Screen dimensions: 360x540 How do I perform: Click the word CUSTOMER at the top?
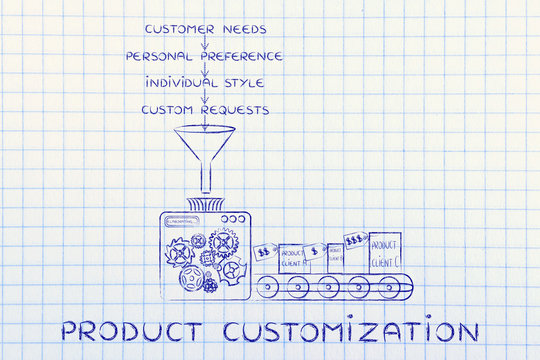pos(175,31)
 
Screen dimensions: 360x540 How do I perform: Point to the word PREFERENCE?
pos(245,57)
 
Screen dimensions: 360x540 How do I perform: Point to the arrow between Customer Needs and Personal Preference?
pos(204,44)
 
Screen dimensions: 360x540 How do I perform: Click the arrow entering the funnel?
pos(204,120)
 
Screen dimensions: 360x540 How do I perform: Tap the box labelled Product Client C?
pos(384,252)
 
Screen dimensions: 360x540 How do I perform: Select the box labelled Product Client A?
pos(293,258)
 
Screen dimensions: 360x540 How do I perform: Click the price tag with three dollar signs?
pos(353,241)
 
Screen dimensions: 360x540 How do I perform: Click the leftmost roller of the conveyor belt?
pos(267,287)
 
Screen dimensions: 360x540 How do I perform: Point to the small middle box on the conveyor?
pos(333,258)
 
